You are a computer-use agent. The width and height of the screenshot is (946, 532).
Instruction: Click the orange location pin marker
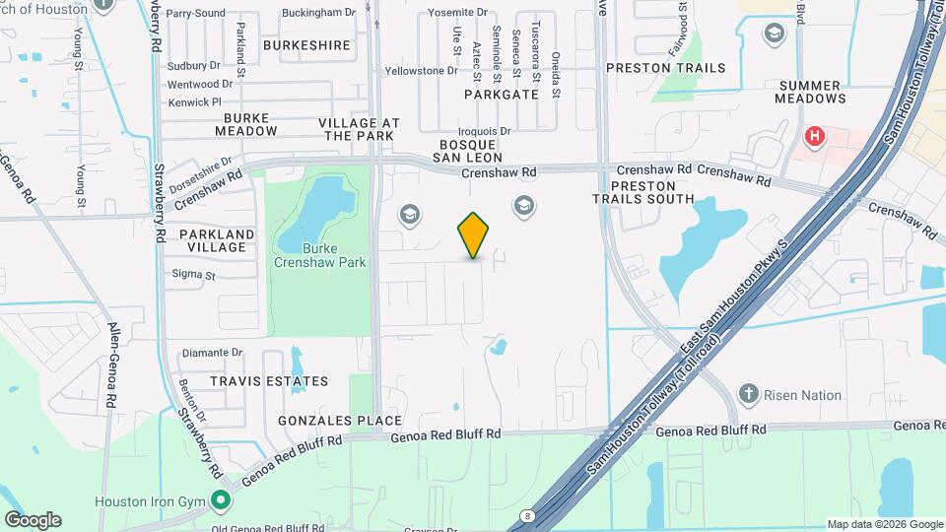click(x=474, y=235)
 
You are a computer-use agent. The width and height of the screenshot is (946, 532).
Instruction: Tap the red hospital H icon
click(x=815, y=137)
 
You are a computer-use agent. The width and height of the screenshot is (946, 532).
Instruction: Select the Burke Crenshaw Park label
click(x=320, y=255)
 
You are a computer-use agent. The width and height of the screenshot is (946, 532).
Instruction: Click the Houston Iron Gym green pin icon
click(x=221, y=500)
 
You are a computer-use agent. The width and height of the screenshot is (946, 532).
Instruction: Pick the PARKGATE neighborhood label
click(x=503, y=95)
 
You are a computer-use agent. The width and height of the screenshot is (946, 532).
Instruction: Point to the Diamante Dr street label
click(x=210, y=352)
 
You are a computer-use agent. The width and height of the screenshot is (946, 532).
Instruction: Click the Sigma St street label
click(x=192, y=274)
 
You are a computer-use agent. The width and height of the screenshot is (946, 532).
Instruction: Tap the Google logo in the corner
click(x=33, y=520)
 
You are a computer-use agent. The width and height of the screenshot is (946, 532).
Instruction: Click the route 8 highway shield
click(x=529, y=514)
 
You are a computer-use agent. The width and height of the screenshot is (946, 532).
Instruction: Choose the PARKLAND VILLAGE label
click(x=216, y=240)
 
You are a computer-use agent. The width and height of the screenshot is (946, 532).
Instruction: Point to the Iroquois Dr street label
click(x=484, y=131)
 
